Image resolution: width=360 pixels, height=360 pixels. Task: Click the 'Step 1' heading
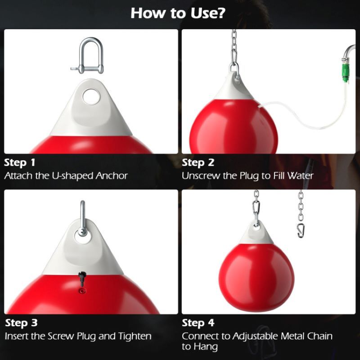(20, 162)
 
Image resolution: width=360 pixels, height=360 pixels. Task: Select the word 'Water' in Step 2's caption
(299, 175)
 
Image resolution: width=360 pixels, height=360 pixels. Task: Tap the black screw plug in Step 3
(82, 277)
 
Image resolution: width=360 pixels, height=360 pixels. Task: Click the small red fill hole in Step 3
(81, 291)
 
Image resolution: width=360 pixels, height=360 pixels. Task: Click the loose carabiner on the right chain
(300, 229)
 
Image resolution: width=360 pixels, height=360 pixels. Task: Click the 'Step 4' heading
(198, 323)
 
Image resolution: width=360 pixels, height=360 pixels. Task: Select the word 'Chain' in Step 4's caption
(319, 336)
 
